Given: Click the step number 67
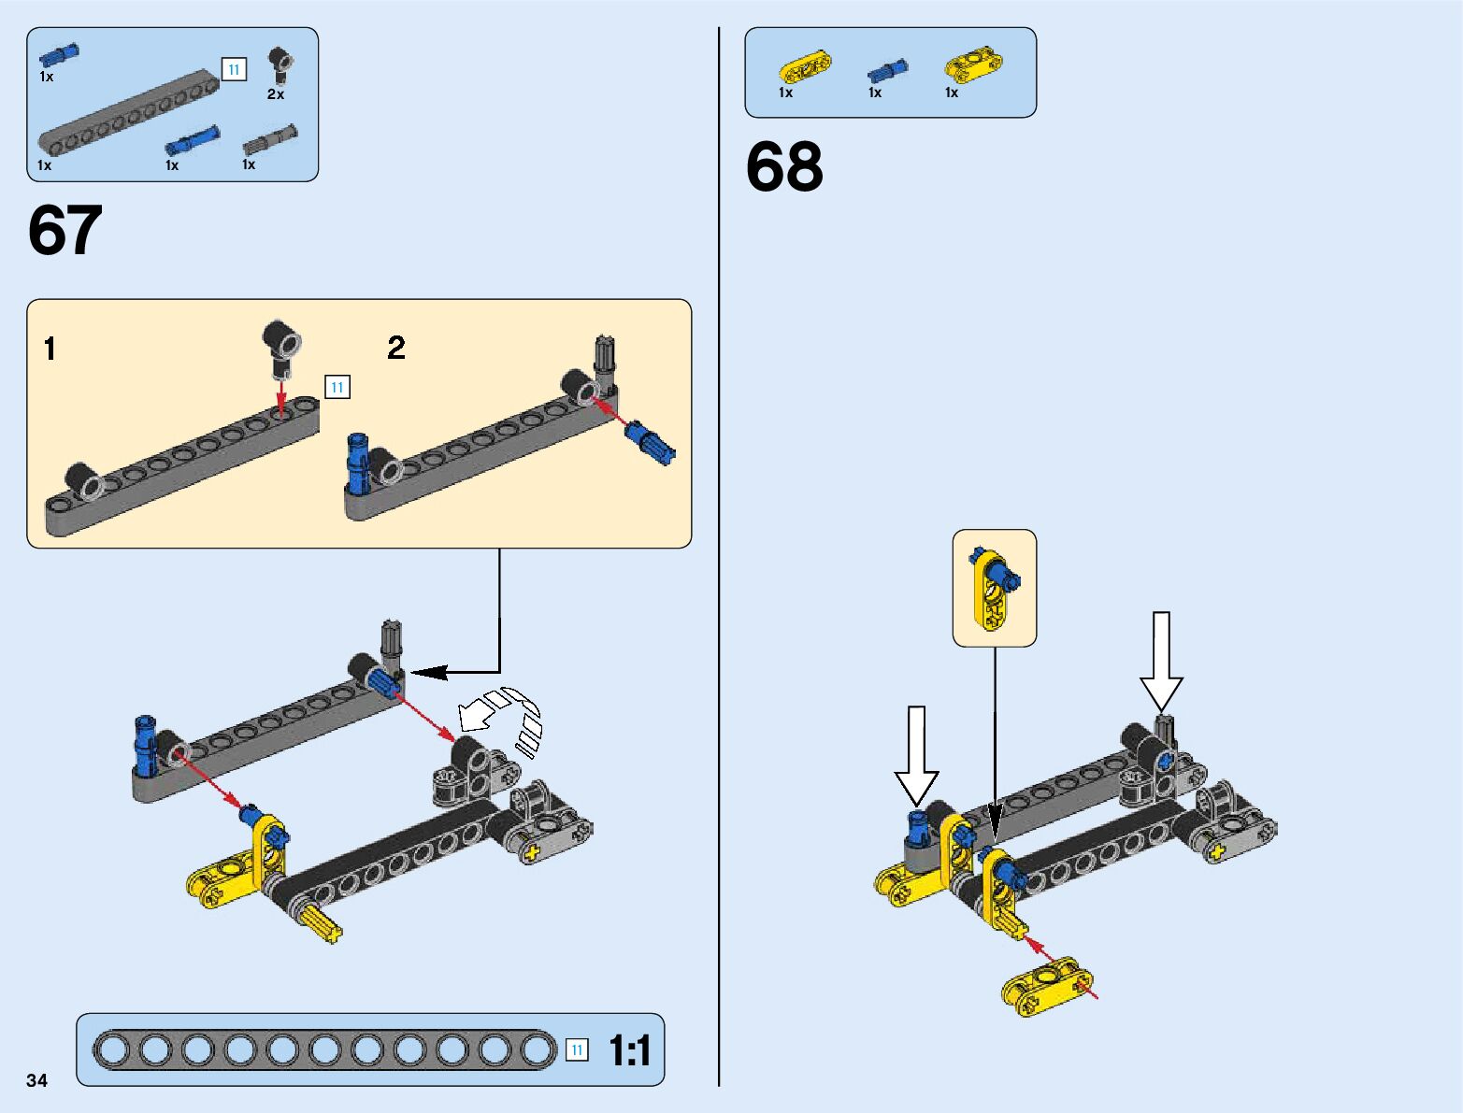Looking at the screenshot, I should click(x=65, y=231).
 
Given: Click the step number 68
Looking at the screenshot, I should click(x=784, y=168).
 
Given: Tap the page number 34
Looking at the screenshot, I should click(x=36, y=1080).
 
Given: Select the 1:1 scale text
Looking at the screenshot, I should click(x=629, y=1051).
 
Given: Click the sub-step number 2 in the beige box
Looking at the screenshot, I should click(x=396, y=349).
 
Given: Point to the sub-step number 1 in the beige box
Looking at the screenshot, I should click(x=50, y=350).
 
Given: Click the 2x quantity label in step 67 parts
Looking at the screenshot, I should click(x=276, y=94).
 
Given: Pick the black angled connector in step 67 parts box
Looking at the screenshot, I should click(x=280, y=64).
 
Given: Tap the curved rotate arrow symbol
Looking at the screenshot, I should click(x=505, y=715).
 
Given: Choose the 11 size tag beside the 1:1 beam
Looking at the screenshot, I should click(x=578, y=1050).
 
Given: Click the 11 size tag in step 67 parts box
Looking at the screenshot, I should click(x=234, y=69).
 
